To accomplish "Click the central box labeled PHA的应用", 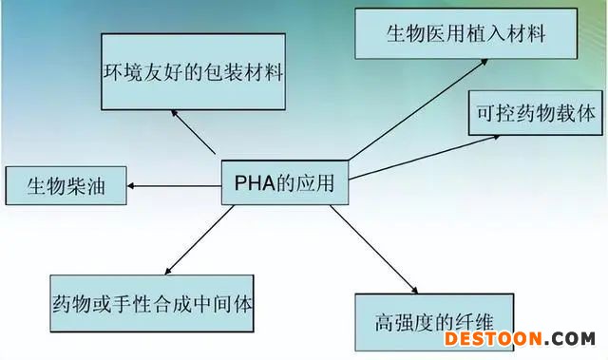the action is point(285,182).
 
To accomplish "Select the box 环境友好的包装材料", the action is point(193,71).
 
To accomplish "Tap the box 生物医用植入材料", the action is point(466,33).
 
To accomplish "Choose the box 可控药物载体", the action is point(536,113).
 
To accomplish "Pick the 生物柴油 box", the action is point(66,185).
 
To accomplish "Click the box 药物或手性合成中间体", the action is point(152,303).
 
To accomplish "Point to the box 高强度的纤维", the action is point(434,322).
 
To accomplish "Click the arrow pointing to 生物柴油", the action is point(175,186).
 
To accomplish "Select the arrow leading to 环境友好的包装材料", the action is point(193,132).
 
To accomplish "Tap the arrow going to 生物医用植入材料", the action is point(418,109).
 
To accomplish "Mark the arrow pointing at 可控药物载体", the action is point(425,158).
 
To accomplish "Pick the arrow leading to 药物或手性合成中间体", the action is point(199,240).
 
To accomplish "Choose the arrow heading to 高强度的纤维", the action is point(373,250).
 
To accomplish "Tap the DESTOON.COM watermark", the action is point(520,339).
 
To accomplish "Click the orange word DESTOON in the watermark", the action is point(493,339).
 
